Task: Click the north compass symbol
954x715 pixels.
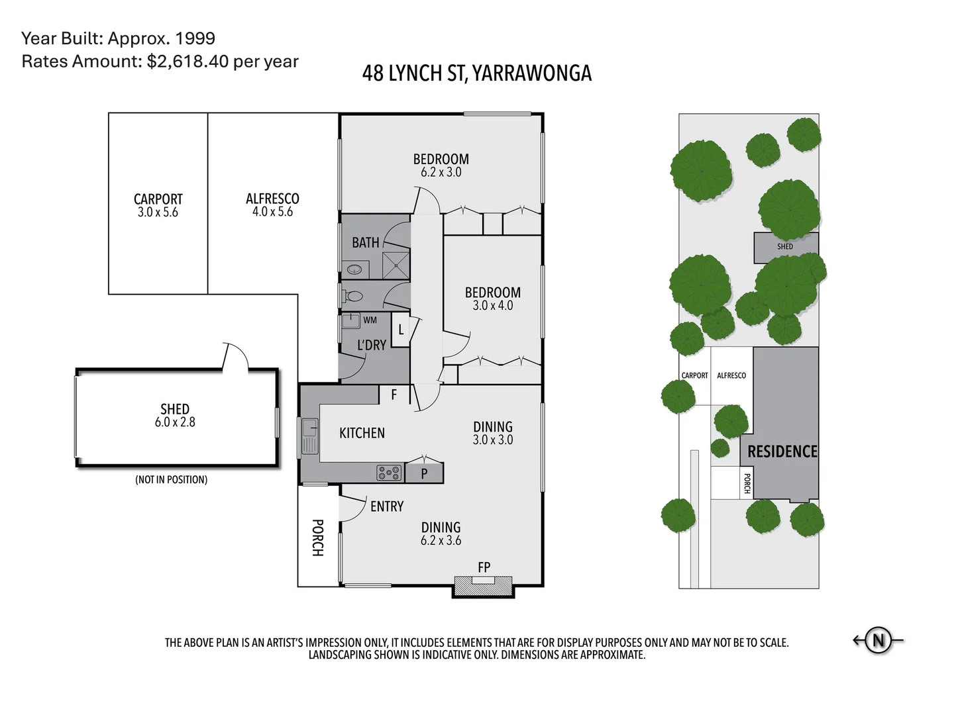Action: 878,640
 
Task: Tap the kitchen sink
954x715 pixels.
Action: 309,436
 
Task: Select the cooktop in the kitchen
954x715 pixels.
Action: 389,473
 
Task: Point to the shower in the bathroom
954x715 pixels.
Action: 396,265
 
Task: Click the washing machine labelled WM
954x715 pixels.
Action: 351,321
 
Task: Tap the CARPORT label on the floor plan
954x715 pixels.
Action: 158,199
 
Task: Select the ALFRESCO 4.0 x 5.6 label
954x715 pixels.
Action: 272,205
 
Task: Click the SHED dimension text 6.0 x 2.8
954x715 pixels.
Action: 175,422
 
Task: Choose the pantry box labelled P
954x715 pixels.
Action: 424,473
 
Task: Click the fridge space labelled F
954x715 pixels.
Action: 394,395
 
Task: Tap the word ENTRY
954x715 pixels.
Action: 387,506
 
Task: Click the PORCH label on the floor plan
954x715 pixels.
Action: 317,538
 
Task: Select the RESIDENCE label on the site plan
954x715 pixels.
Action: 782,452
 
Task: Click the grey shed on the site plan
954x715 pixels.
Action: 785,247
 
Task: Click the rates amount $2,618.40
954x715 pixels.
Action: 187,62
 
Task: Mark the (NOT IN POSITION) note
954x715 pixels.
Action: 171,479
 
